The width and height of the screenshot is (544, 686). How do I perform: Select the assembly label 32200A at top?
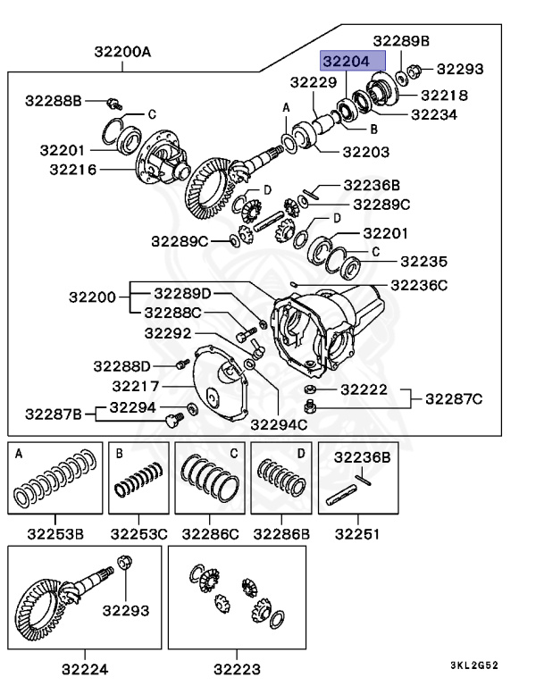coord(122,53)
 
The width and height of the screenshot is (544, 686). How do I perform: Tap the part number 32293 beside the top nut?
coord(459,69)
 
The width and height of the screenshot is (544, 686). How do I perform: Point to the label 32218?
coord(444,95)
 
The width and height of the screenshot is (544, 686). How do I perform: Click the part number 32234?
coord(434,114)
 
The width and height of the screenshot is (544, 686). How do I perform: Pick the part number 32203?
coord(365,153)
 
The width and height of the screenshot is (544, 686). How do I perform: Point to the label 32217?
coord(136,386)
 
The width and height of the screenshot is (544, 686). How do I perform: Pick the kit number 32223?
coord(237,667)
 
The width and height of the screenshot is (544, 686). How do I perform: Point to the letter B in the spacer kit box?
coord(118,453)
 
